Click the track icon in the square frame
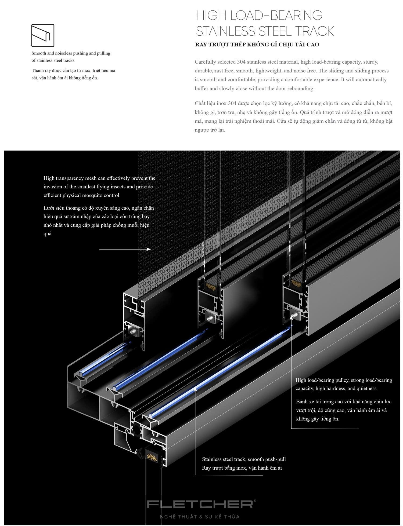pyautogui.click(x=43, y=35)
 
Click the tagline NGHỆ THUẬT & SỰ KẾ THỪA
pyautogui.click(x=200, y=517)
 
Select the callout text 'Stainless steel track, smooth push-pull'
pyautogui.click(x=244, y=459)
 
